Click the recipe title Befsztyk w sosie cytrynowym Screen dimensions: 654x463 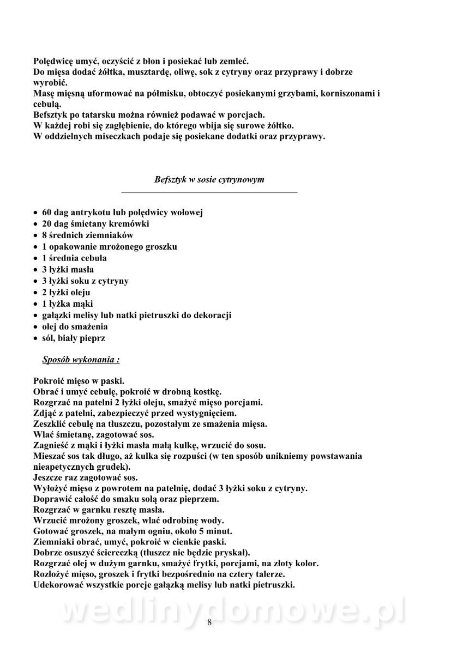[209, 179]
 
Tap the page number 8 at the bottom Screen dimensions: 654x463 [209, 623]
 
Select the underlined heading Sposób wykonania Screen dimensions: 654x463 [81, 360]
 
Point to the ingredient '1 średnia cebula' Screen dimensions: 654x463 [74, 258]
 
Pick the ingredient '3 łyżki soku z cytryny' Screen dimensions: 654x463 [85, 281]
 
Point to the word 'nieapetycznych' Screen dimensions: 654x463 [64, 467]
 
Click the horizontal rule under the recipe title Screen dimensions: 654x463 [209, 192]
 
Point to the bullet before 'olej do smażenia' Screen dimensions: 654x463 [35, 327]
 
